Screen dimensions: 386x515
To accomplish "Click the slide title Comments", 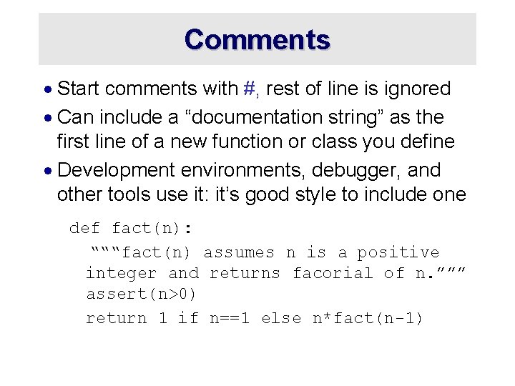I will click(x=257, y=39).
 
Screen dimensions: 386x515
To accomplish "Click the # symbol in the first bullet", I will click(x=250, y=89).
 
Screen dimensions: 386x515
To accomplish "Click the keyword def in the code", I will click(x=84, y=228).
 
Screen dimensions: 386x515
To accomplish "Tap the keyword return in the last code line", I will click(x=116, y=318).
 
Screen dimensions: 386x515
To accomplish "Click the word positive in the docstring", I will click(x=398, y=252).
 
